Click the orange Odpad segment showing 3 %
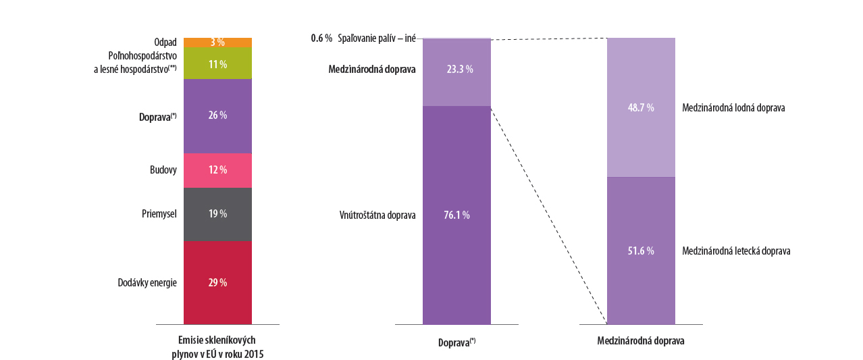click(217, 43)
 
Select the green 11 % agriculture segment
click(217, 63)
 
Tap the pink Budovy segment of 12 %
click(217, 170)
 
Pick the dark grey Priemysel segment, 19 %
click(217, 214)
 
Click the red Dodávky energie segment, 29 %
click(217, 282)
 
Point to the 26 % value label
click(217, 115)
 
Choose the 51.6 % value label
click(640, 251)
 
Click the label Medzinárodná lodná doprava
click(733, 108)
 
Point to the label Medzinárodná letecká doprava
click(736, 251)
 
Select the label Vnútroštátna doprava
click(377, 215)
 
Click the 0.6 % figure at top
click(321, 38)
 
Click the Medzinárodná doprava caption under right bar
click(641, 341)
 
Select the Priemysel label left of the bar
click(159, 214)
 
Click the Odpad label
click(165, 43)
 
